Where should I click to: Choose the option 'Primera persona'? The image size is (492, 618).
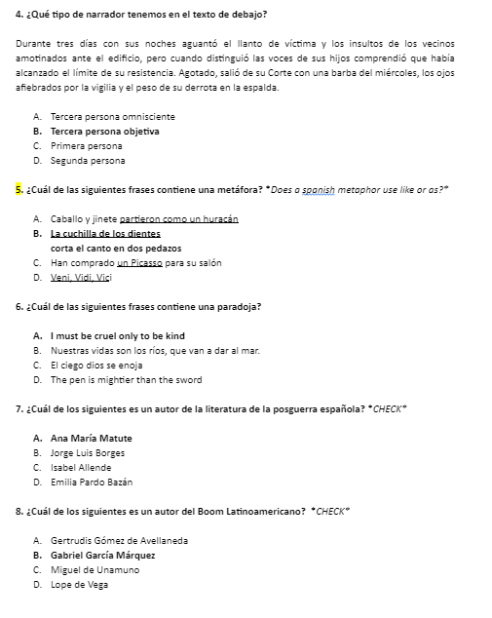87,146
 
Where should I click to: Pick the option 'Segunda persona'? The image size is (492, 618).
88,161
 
